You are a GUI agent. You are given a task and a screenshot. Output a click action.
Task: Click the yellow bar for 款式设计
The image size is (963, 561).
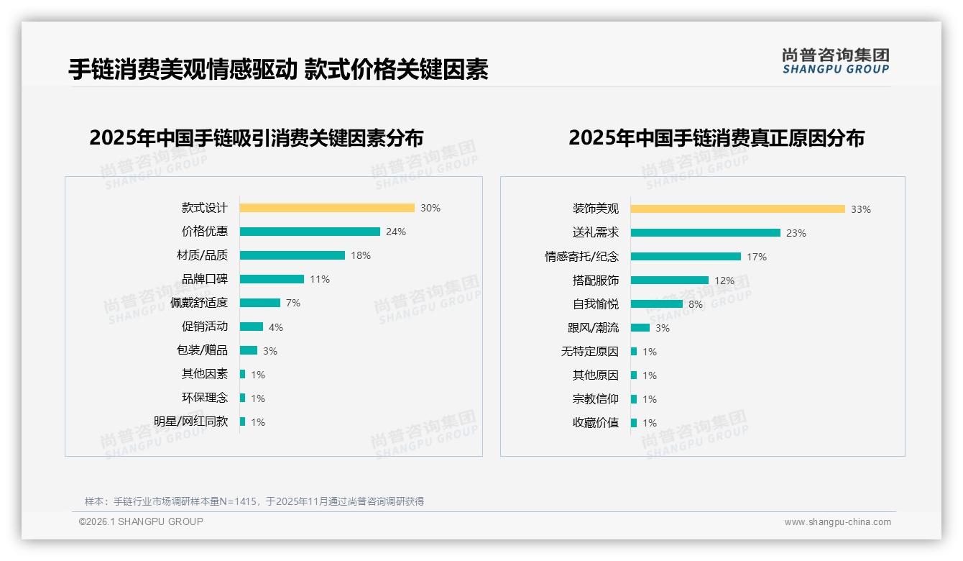[327, 208]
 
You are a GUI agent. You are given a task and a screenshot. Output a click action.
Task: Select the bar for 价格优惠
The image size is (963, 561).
[310, 232]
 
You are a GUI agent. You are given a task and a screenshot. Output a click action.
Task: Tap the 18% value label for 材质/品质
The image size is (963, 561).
[360, 255]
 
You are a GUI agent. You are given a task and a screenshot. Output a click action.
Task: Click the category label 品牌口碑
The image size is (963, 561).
[205, 279]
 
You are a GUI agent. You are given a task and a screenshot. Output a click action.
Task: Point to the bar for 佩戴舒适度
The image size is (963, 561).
[260, 303]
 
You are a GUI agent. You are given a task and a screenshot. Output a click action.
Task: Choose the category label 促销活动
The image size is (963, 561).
[205, 327]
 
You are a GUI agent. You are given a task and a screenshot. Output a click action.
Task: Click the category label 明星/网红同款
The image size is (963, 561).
[191, 421]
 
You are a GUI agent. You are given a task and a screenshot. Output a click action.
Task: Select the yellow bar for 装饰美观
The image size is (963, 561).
[738, 209]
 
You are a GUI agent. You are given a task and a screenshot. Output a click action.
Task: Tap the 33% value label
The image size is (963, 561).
[860, 209]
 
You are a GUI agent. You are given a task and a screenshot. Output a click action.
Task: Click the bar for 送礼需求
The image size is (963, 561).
[706, 233]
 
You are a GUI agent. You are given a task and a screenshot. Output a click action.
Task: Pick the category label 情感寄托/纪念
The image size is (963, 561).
[581, 257]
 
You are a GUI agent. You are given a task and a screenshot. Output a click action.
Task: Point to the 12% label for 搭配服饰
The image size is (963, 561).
[724, 280]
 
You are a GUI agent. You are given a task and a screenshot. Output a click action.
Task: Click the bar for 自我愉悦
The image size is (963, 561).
[657, 304]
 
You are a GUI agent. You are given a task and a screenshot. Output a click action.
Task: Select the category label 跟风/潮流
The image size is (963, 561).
[593, 328]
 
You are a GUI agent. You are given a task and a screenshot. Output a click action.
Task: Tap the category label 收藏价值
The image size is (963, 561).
[595, 423]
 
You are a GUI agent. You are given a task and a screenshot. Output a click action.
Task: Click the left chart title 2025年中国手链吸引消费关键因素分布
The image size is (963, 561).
[257, 137]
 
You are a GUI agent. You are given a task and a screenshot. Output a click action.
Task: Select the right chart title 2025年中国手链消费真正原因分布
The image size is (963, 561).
[717, 137]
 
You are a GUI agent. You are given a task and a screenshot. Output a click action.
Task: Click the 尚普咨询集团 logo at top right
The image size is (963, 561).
[836, 61]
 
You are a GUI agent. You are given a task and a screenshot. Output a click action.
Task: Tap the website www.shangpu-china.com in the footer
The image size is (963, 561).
[837, 522]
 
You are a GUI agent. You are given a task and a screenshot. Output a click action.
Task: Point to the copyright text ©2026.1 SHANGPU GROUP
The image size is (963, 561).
[141, 521]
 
